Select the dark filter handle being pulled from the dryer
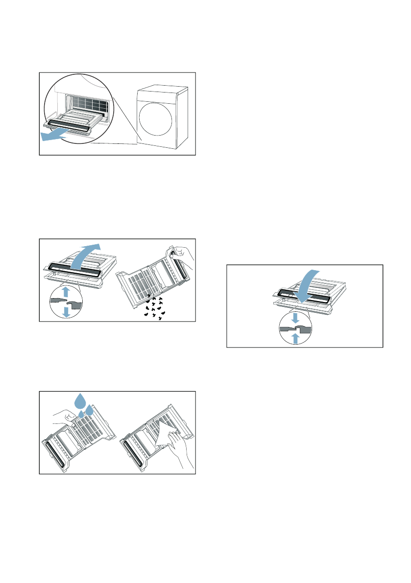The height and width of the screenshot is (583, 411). [x=69, y=126]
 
